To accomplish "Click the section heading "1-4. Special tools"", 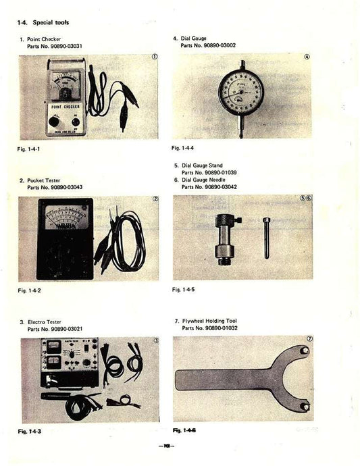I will [x=43, y=23].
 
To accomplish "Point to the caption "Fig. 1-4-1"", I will [x=30, y=149].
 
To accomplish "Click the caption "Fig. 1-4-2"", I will [x=30, y=290].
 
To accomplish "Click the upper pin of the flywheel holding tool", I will [x=305, y=351].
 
